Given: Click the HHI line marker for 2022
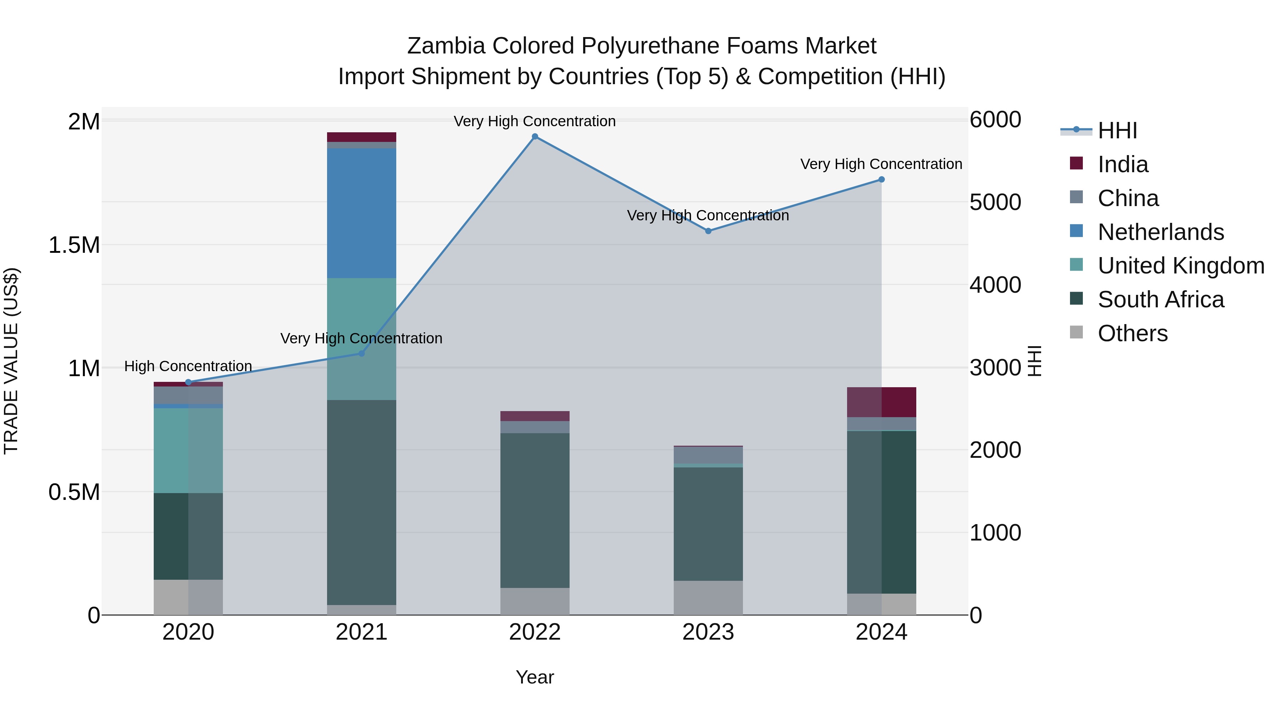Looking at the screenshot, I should tap(535, 137).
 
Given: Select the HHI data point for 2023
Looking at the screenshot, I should tap(708, 231).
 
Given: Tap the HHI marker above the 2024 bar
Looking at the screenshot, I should tap(881, 179).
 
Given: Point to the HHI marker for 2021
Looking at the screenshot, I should tap(362, 353).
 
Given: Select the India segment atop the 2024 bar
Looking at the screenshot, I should tap(881, 402).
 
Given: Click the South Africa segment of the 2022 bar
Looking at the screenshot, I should tap(535, 510).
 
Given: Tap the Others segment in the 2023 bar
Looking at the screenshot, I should tap(708, 598).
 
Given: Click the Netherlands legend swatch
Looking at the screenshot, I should tap(1076, 231).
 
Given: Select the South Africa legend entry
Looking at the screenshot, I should tap(1160, 300).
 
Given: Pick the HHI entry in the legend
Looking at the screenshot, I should tap(1117, 130).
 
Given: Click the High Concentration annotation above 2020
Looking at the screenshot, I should tap(188, 366).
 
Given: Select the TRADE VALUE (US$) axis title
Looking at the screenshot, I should tap(11, 361).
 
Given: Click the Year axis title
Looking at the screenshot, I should tap(535, 677).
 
